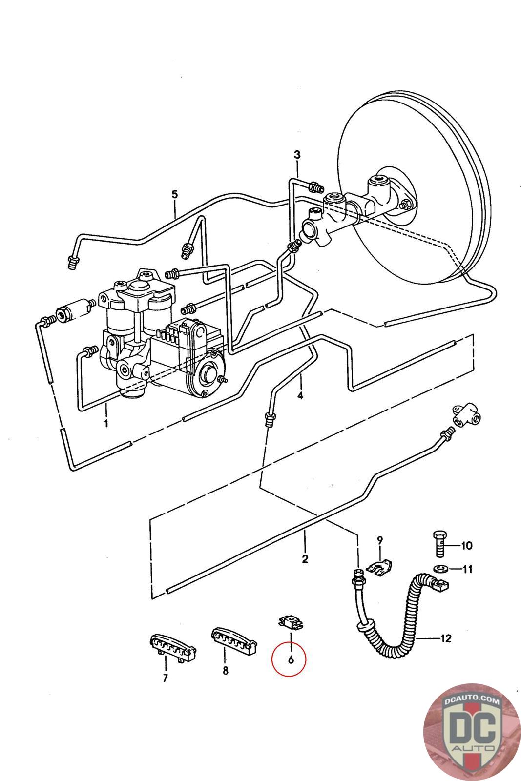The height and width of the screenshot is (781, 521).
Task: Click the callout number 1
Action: point(106,423)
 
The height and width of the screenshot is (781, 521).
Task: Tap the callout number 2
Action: point(305,559)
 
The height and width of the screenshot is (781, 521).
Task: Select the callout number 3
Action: point(297,154)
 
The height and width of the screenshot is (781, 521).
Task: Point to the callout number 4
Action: point(300,395)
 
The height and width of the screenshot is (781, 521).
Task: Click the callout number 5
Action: point(175,194)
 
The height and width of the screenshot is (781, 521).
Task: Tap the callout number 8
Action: point(226,670)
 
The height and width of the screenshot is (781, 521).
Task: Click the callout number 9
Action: point(380,540)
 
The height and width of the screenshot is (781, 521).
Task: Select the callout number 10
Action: point(467,545)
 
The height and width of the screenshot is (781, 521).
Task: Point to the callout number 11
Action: point(468,569)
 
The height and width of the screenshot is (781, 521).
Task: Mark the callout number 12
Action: point(446,638)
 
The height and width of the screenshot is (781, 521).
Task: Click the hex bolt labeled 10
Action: point(440,544)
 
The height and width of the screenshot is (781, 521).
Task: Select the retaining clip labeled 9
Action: point(379,566)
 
